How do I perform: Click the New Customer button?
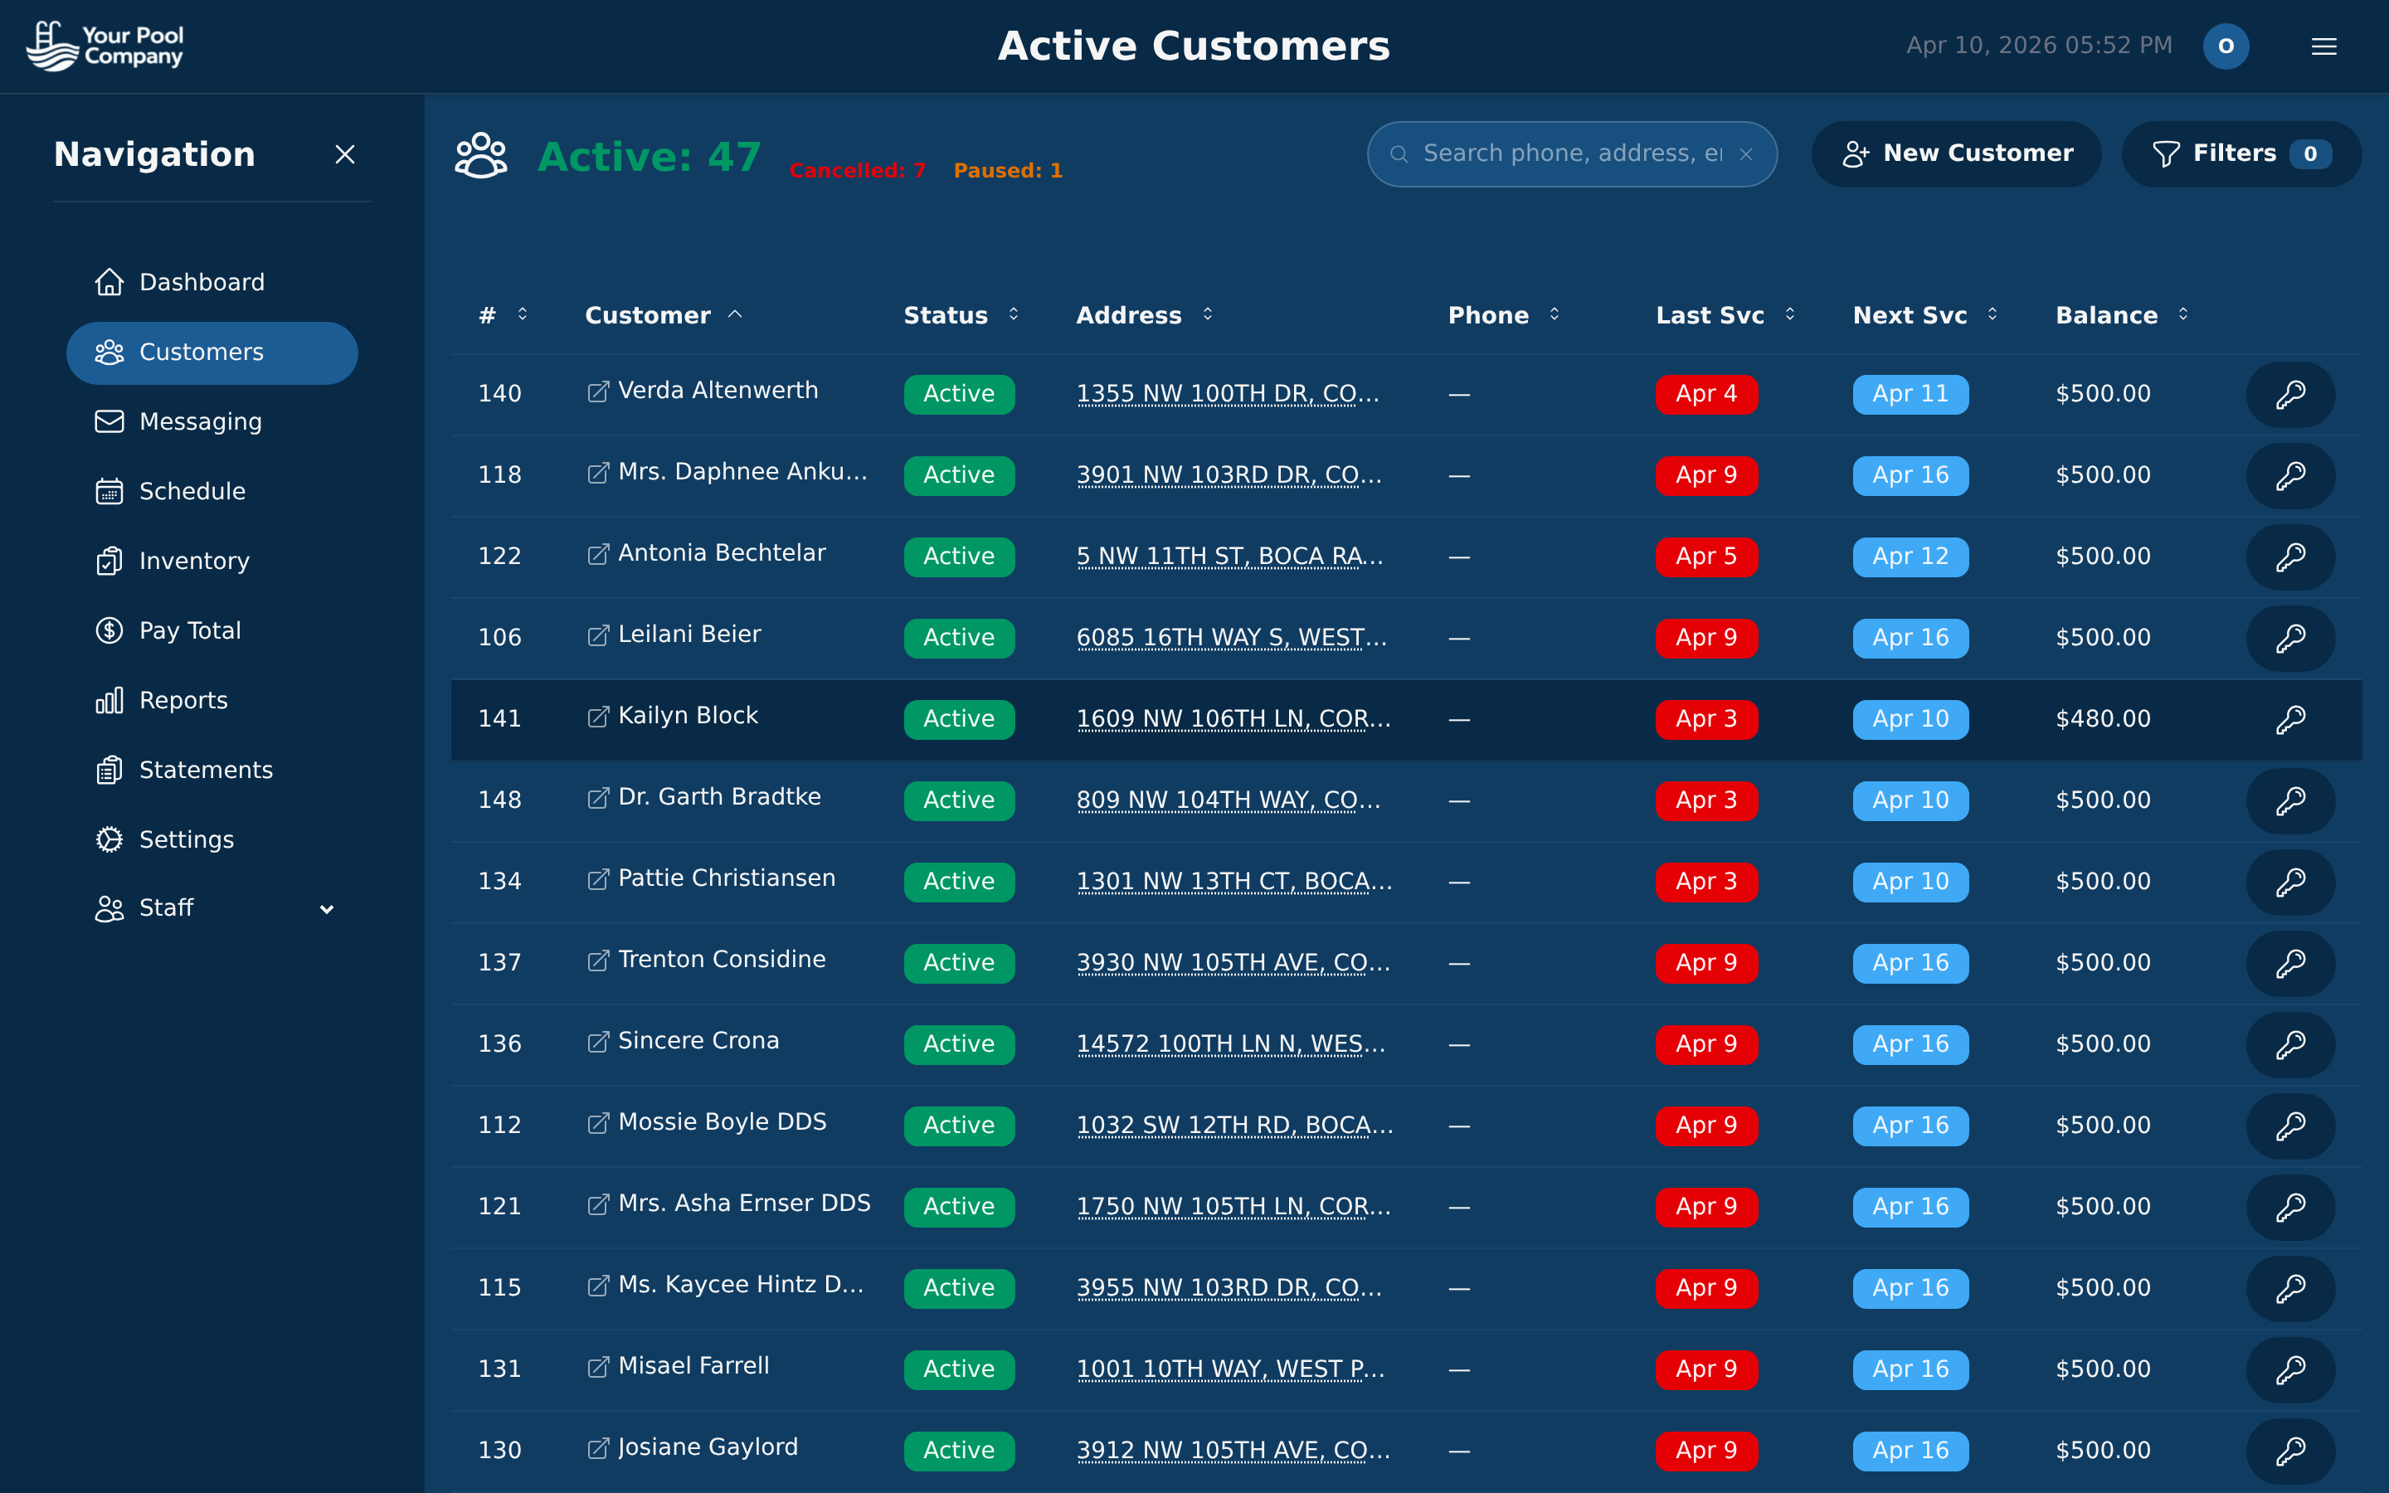point(1956,154)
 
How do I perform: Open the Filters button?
point(2240,154)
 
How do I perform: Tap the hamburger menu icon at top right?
point(2323,46)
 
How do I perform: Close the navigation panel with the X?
point(344,155)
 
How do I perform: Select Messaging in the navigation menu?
point(201,421)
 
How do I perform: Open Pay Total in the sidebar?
point(189,631)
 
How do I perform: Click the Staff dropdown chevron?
point(327,909)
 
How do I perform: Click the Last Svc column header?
point(1709,316)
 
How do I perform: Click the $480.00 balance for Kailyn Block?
point(2102,719)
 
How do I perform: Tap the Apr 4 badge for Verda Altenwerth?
point(1705,394)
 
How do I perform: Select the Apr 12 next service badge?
point(1910,557)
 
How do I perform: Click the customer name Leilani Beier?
point(689,635)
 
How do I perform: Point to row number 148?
point(499,800)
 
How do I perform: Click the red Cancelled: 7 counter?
point(857,171)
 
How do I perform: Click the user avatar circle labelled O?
point(2225,46)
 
